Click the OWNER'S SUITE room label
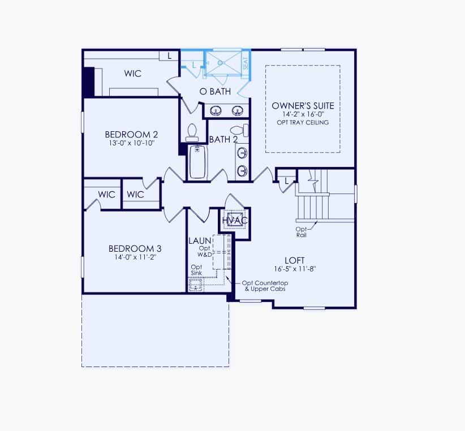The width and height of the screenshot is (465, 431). (x=303, y=106)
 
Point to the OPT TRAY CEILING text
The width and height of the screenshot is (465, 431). (x=303, y=122)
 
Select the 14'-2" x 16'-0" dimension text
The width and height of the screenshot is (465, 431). (x=303, y=114)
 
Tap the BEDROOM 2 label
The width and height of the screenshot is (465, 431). (x=131, y=135)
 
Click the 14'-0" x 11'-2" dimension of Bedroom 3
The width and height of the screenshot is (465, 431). (x=131, y=257)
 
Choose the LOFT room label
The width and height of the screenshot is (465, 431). (x=295, y=260)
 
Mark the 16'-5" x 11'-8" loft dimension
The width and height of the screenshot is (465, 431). (x=295, y=269)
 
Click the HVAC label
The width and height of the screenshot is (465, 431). (x=235, y=220)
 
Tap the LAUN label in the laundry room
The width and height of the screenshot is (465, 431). (x=199, y=241)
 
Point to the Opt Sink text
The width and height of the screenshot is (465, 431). (x=196, y=270)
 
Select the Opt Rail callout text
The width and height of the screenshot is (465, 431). (x=301, y=232)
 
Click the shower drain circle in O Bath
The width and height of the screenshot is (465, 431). (x=226, y=64)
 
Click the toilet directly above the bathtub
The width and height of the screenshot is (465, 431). (x=191, y=132)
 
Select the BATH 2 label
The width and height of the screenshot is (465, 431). (x=223, y=139)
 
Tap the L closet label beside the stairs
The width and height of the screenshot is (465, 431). (x=287, y=181)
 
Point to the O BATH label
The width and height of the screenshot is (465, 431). (x=215, y=91)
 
